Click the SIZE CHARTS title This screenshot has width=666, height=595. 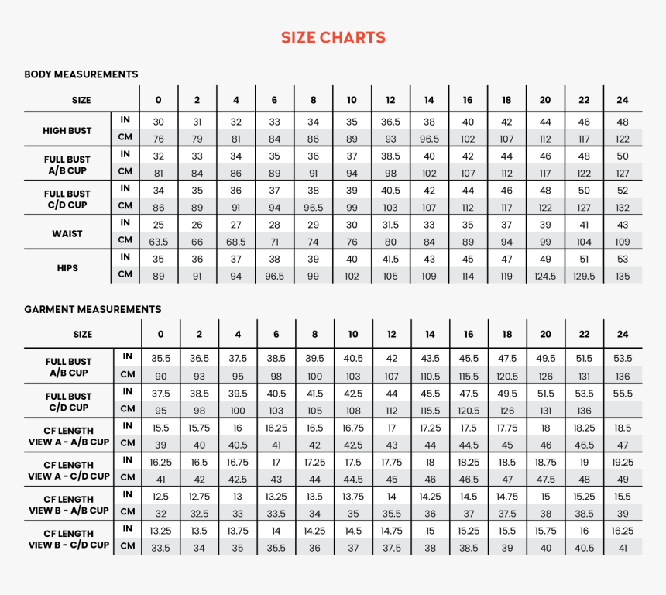point(333,37)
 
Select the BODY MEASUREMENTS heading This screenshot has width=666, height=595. point(81,74)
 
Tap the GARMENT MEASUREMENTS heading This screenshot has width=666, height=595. point(92,309)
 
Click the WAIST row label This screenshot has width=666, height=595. point(68,233)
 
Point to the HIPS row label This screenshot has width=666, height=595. point(68,268)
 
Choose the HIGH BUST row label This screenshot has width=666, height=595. point(68,131)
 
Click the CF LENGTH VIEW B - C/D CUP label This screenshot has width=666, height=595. point(68,539)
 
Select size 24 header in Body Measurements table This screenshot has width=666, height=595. point(623,100)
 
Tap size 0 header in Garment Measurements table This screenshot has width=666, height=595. point(160,334)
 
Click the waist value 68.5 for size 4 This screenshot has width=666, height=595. point(236,242)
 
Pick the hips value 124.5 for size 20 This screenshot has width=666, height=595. point(545,276)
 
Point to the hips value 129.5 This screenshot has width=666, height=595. point(584,276)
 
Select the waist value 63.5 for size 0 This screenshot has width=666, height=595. point(159,242)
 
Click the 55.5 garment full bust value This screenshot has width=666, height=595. point(623,394)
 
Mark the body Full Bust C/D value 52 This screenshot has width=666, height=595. point(623,191)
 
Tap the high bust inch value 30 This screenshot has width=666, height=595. point(159,122)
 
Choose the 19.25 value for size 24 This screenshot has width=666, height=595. point(623,462)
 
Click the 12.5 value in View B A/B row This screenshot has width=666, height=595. point(160,497)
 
